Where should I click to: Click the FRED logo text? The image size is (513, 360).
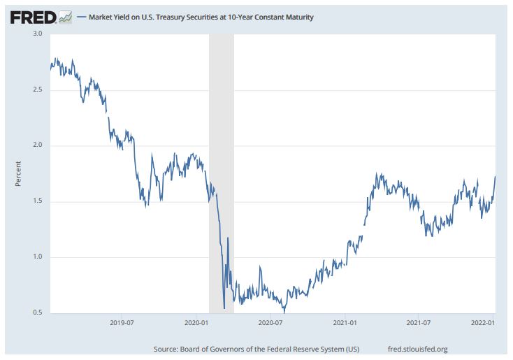(x=32, y=17)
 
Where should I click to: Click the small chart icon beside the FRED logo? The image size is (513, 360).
(x=65, y=16)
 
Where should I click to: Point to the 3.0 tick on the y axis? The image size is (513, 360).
(x=38, y=34)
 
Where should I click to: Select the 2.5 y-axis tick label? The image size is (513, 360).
(x=38, y=90)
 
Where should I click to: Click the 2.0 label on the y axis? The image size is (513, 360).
(x=38, y=145)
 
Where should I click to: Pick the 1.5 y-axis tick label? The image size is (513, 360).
(x=38, y=201)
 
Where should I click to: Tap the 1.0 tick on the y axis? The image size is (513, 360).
(x=38, y=257)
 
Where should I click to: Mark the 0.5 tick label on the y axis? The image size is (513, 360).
(x=38, y=312)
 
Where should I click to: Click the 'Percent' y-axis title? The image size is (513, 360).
(x=19, y=173)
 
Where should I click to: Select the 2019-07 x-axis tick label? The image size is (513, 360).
(x=122, y=323)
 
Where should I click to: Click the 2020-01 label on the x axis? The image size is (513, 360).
(x=198, y=323)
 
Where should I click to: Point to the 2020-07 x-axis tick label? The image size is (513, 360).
(x=270, y=323)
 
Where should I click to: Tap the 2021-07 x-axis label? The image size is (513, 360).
(x=417, y=323)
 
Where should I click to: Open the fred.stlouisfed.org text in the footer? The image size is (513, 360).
(x=417, y=348)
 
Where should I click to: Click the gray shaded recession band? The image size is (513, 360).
(x=221, y=140)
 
